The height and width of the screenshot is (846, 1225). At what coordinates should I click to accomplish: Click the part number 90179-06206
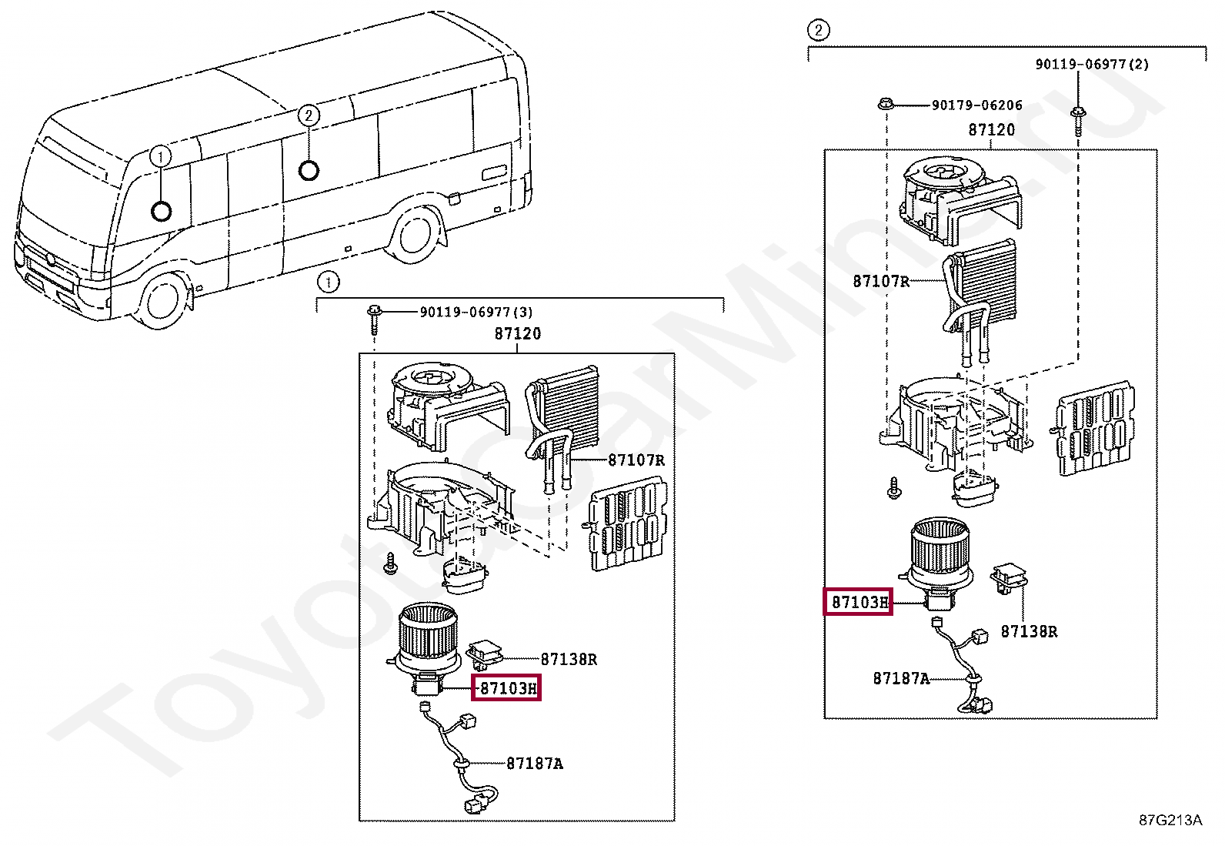[x=976, y=105]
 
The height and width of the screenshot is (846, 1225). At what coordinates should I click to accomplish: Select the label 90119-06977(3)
[x=476, y=312]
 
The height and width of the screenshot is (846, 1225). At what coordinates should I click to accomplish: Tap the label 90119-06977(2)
[x=1091, y=65]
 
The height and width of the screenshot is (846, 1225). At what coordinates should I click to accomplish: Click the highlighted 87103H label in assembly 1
[x=506, y=687]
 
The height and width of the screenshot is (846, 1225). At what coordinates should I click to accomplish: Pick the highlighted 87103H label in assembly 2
[x=859, y=602]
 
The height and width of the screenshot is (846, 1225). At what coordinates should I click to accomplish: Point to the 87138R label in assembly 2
[x=1028, y=631]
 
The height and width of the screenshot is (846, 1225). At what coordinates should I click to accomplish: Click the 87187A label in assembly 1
[x=534, y=764]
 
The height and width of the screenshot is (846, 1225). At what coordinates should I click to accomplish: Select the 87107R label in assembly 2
[x=880, y=281]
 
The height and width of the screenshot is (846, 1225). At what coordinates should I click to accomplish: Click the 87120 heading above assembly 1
[x=517, y=333]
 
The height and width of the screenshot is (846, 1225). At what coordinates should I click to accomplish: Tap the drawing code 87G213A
[x=1170, y=820]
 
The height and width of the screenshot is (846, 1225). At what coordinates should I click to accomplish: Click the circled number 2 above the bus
[x=309, y=115]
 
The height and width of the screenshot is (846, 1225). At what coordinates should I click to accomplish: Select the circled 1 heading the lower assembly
[x=329, y=283]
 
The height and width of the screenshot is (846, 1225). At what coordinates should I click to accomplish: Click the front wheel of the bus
[x=162, y=300]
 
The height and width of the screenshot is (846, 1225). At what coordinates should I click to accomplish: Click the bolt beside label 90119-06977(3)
[x=374, y=317]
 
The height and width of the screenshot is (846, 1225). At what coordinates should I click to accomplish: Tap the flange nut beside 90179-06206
[x=886, y=103]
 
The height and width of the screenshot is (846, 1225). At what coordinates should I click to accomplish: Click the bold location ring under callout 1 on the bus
[x=162, y=210]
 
